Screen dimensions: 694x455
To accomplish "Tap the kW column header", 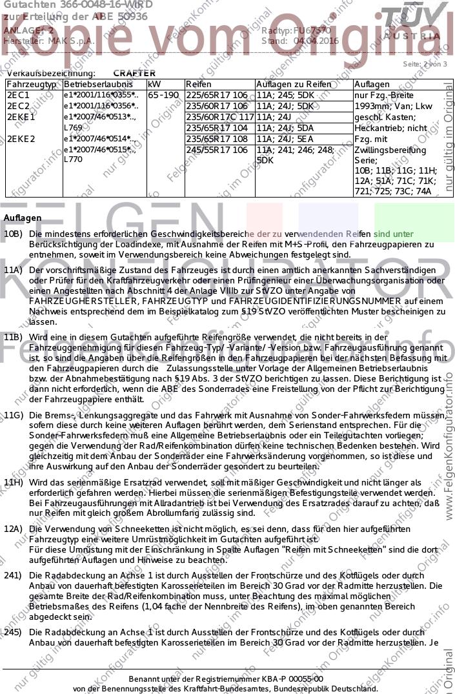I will pyautogui.click(x=154, y=85).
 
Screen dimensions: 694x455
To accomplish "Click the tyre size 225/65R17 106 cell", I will pyautogui.click(x=216, y=95).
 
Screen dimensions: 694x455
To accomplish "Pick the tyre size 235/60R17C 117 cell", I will pyautogui.click(x=219, y=117).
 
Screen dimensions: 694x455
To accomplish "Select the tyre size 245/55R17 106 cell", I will pyautogui.click(x=216, y=150).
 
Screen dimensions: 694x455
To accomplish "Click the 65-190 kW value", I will pyautogui.click(x=163, y=95).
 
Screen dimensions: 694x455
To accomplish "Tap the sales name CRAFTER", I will pyautogui.click(x=134, y=74).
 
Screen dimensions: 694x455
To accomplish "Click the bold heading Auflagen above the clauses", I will pyautogui.click(x=23, y=218).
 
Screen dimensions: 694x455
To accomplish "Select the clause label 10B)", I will pyautogui.click(x=14, y=233).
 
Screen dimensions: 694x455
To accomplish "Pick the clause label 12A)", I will pyautogui.click(x=14, y=529).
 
